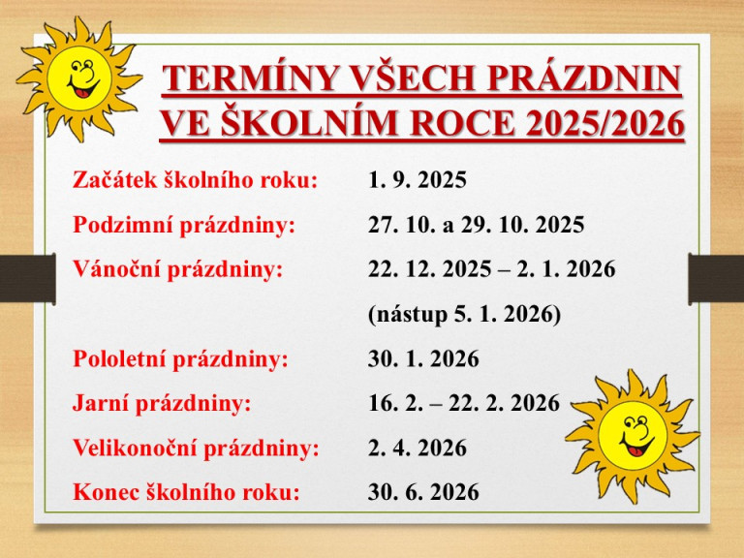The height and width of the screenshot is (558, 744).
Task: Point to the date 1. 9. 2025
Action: (418, 181)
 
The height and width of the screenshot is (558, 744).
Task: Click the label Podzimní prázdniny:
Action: (184, 226)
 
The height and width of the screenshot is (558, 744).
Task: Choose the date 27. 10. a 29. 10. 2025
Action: (476, 226)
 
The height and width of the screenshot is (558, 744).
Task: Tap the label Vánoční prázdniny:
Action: (178, 270)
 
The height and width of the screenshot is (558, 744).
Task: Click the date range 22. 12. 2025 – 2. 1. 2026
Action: (491, 270)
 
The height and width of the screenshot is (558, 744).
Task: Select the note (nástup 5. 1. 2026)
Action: (464, 315)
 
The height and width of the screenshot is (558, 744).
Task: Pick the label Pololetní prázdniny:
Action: (181, 359)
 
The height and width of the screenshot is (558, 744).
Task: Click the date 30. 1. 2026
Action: (423, 359)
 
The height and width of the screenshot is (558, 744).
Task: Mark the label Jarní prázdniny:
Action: (163, 404)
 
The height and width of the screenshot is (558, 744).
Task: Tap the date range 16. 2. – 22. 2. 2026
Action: (464, 404)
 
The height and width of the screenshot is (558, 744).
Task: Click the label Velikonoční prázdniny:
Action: (197, 449)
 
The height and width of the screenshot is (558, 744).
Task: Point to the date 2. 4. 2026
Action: (418, 449)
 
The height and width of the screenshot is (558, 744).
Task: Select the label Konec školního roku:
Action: (187, 492)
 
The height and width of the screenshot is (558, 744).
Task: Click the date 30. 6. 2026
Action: (423, 492)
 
